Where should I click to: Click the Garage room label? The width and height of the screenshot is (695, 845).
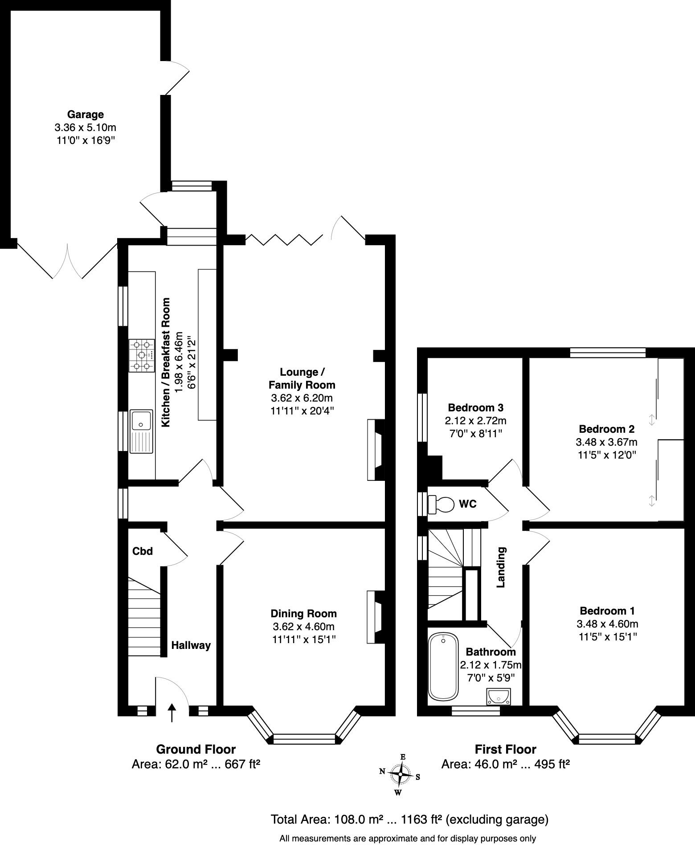pos(85,115)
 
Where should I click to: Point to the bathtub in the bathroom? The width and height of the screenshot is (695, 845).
pos(443,666)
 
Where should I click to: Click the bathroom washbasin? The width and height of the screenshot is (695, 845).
pos(499,696)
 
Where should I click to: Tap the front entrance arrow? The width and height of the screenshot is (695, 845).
pos(172,712)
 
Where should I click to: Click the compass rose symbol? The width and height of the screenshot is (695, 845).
pos(401,774)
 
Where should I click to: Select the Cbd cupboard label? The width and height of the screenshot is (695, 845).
pos(143,551)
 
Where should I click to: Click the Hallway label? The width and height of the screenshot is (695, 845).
pos(191,645)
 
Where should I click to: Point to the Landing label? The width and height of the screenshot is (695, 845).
pos(501,567)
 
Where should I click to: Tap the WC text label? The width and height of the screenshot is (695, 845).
pos(468,504)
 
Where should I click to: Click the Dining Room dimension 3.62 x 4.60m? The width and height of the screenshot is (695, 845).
pos(303,627)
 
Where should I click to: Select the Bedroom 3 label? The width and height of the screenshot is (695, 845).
pos(476,407)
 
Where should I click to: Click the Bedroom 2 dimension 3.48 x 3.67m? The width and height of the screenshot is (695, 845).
pos(607,442)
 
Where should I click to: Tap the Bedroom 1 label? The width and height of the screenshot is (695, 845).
pos(607,611)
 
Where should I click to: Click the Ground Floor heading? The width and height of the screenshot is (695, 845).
pos(196,749)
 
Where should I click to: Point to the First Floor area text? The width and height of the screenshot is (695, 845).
pos(506,765)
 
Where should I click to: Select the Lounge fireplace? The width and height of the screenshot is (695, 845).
pos(376,450)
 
